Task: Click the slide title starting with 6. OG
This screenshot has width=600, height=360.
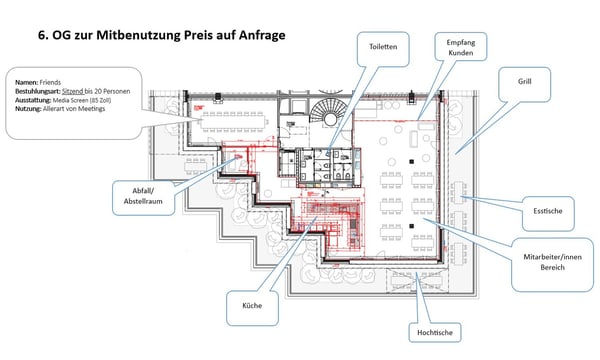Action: coord(161,35)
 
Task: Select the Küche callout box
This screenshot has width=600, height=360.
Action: coord(251,305)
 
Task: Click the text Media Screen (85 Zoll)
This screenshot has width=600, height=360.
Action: coord(87,99)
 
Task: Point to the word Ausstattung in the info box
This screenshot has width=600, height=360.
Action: coord(33,99)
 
